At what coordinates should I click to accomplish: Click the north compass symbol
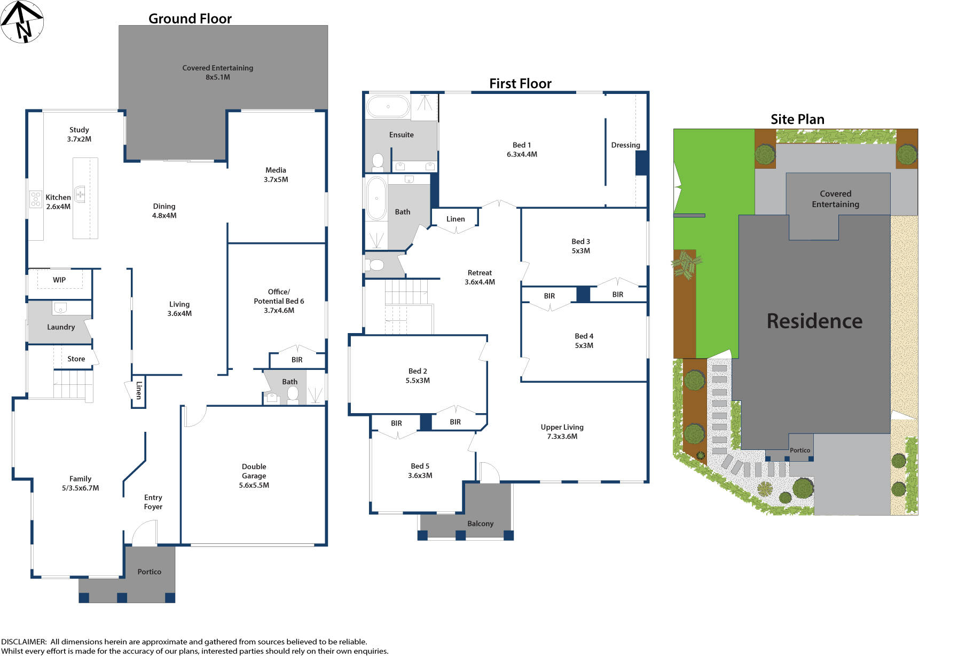(22, 22)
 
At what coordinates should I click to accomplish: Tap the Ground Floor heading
(190, 19)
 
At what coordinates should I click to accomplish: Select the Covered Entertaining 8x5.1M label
(217, 72)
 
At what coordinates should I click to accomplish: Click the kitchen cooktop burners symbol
(35, 199)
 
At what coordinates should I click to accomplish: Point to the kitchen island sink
(80, 194)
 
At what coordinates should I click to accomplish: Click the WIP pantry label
(59, 280)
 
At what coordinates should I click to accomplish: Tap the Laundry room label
(61, 327)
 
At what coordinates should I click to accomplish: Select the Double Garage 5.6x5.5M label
(254, 476)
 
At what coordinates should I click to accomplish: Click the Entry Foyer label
(153, 502)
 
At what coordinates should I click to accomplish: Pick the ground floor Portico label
(149, 572)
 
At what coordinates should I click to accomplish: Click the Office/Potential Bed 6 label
(279, 301)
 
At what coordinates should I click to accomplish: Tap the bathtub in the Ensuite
(388, 107)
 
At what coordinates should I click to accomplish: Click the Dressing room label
(625, 145)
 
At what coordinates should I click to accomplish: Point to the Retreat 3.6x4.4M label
(480, 277)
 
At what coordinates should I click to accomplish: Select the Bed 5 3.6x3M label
(420, 470)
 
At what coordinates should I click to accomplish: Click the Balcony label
(480, 524)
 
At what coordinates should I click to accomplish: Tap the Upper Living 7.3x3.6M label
(562, 431)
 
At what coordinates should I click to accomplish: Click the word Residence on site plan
(814, 321)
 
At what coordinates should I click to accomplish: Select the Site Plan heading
(797, 120)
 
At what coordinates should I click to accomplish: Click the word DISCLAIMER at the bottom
(23, 642)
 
